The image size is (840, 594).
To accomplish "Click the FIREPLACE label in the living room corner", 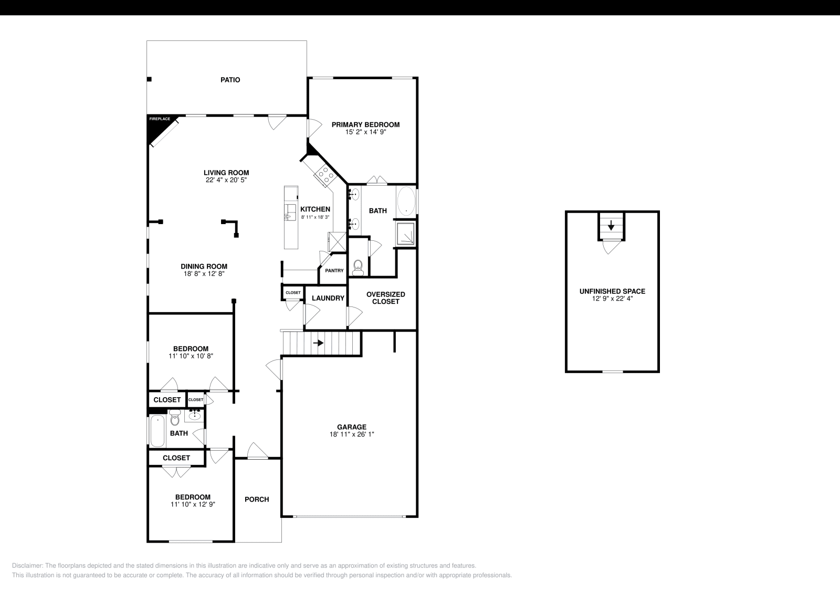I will point(160,119).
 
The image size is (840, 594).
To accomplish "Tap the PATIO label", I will point(230,80).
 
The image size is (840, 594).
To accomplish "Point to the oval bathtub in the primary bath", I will point(406,200).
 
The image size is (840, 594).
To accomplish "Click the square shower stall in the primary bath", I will point(406,234).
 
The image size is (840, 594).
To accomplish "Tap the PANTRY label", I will point(334,271).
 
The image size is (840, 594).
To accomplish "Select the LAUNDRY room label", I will point(328,298).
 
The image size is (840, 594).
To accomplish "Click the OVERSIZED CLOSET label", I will point(385,298).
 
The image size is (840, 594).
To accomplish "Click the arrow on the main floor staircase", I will point(318,343).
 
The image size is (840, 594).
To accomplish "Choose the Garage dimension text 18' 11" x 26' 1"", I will point(352,434).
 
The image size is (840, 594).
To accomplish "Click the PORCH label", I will point(257,499).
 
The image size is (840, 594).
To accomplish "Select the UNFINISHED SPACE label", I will point(612,291).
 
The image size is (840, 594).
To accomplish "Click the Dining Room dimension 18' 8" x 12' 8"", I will point(204,273).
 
